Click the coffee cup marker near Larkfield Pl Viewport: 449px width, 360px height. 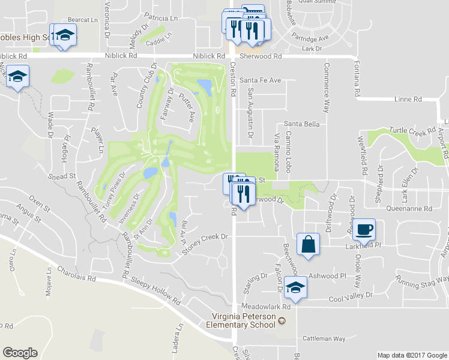pyautogui.click(x=364, y=229)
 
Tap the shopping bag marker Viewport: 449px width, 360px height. pyautogui.click(x=308, y=244)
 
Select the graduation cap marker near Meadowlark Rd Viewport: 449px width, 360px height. pyautogui.click(x=295, y=287)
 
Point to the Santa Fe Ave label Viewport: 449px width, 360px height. pyautogui.click(x=260, y=80)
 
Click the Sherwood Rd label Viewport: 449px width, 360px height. pyautogui.click(x=260, y=56)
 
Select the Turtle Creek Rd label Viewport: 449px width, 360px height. pyautogui.click(x=412, y=130)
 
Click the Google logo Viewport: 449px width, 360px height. pyautogui.click(x=20, y=353)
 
